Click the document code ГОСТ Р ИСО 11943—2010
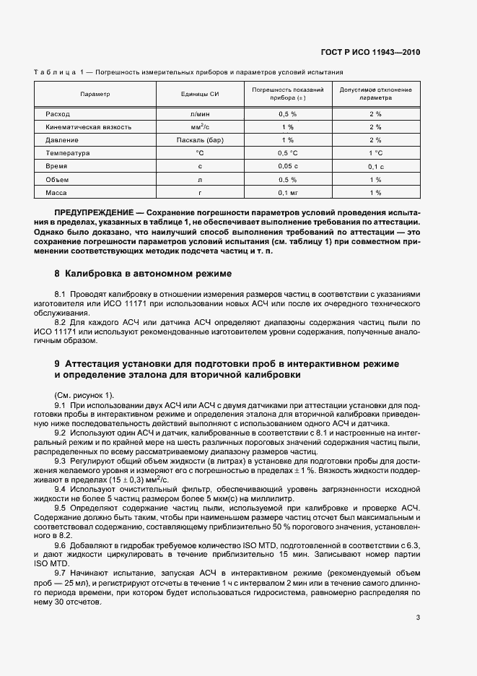pyautogui.click(x=370, y=53)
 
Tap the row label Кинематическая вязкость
pyautogui.click(x=88, y=127)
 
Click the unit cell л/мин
pyautogui.click(x=200, y=114)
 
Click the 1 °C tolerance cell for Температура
pyautogui.click(x=375, y=153)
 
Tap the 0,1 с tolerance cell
pyautogui.click(x=375, y=167)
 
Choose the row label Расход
pyautogui.click(x=57, y=114)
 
